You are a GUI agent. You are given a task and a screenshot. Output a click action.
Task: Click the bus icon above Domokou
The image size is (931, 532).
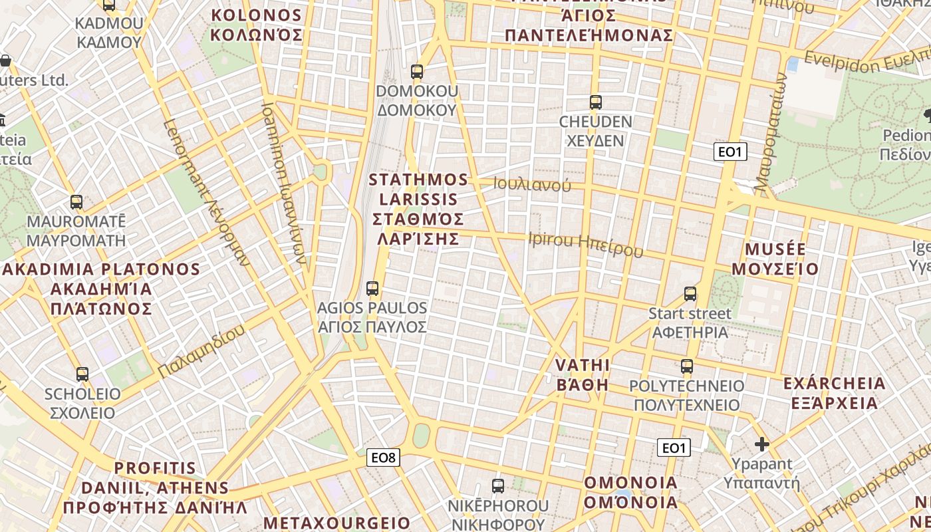417,71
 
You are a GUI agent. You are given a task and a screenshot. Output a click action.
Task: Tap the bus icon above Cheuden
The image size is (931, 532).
595,102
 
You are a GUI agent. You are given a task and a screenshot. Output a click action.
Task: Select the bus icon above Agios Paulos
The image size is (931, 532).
372,289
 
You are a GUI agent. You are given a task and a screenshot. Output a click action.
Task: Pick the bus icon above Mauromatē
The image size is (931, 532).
76,202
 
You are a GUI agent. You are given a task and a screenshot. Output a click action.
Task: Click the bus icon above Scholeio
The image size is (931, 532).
82,374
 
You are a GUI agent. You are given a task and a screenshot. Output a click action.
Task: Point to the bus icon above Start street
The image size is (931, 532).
690,293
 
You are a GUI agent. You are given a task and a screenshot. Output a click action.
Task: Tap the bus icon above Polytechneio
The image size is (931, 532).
687,366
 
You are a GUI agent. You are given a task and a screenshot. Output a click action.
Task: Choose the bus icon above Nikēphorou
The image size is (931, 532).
498,485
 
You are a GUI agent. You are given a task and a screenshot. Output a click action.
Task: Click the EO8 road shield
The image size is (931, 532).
384,458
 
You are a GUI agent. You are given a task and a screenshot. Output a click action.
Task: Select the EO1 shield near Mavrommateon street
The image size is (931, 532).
730,152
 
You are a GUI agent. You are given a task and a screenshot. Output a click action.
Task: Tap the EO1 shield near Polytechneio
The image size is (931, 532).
674,448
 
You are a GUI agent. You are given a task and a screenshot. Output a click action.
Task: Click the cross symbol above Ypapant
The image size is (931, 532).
762,444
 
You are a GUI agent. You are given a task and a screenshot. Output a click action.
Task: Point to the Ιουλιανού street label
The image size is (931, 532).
532,185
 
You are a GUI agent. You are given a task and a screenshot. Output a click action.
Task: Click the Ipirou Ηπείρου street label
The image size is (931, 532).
586,244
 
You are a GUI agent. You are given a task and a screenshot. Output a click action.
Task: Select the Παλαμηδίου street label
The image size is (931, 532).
202,350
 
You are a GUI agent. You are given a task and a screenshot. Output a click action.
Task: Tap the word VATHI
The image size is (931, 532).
583,364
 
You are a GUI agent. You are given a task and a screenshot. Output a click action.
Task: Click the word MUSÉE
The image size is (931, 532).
775,249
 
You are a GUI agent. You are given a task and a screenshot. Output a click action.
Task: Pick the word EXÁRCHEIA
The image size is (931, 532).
834,384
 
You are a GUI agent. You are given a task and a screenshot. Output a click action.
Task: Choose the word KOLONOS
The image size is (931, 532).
256,15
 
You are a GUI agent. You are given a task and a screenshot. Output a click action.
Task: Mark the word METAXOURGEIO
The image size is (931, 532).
337,523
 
